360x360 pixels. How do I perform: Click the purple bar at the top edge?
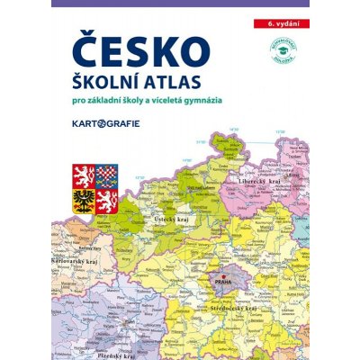click(x=180, y=4)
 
